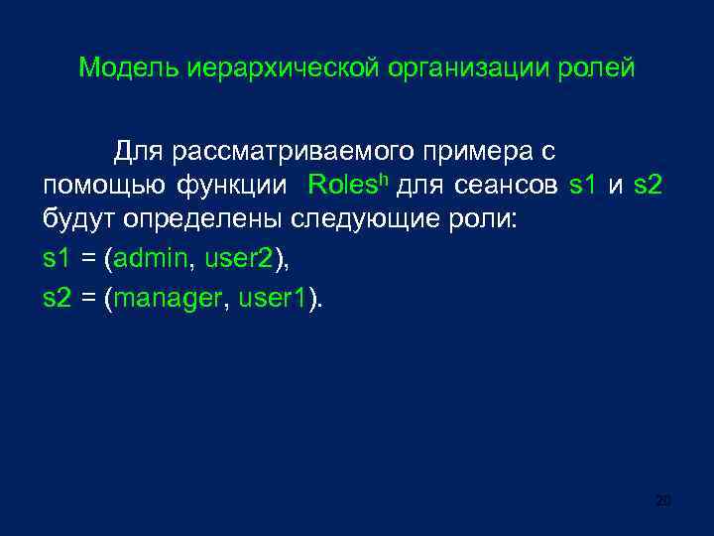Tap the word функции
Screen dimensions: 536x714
234,186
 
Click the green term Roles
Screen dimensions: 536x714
341,185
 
